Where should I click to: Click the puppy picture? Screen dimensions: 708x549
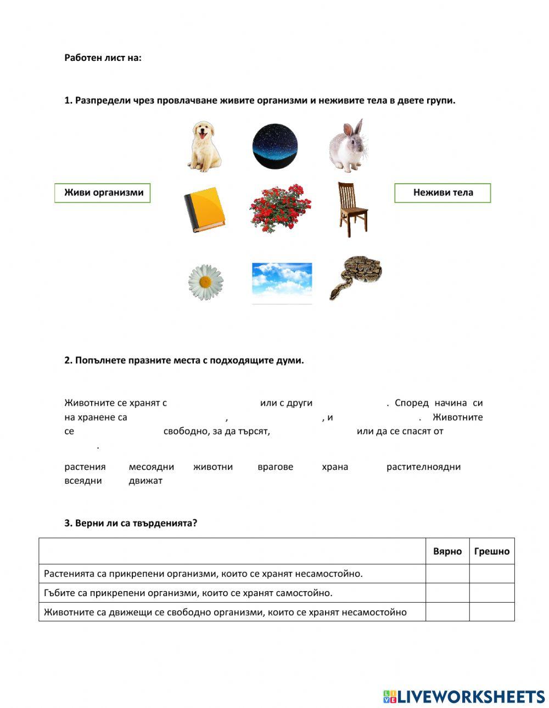[x=205, y=147]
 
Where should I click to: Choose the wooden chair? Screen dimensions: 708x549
[x=351, y=209]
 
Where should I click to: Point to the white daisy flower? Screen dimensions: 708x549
[x=205, y=282]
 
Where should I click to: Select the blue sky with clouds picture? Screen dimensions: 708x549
[x=282, y=282]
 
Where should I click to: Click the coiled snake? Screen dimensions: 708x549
[x=355, y=277]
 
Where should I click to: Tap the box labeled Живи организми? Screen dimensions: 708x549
[x=103, y=192]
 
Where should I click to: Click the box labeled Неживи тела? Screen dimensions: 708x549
[x=442, y=192]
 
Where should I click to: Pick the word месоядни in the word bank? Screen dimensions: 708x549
[x=151, y=467]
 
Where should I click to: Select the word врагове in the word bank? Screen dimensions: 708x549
[x=275, y=467]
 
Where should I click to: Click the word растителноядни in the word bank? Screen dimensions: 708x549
[x=423, y=467]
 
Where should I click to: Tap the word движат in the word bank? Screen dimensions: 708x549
[x=145, y=481]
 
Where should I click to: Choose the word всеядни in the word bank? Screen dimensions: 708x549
[x=83, y=481]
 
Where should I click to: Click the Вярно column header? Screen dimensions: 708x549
[x=447, y=551]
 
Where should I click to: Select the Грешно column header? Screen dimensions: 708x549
[x=491, y=551]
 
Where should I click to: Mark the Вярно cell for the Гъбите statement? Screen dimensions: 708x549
[x=447, y=593]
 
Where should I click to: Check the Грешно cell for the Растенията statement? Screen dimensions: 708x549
[x=491, y=574]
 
